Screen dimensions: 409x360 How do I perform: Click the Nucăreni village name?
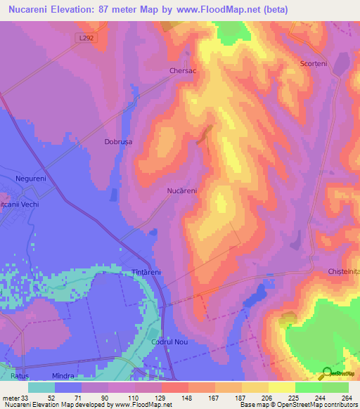coord(181,190)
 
